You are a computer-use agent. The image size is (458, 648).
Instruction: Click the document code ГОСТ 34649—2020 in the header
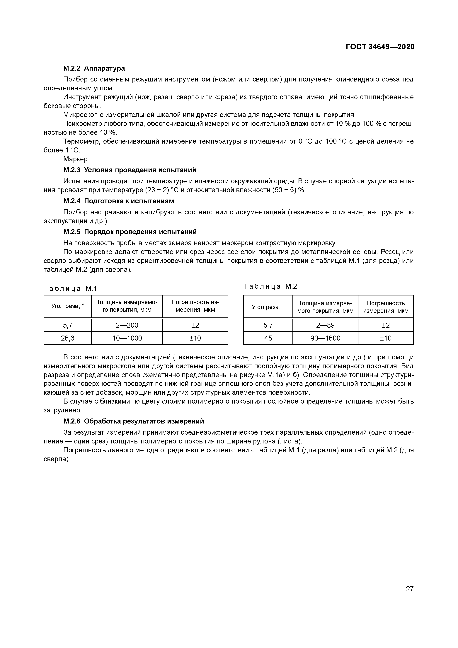coord(380,47)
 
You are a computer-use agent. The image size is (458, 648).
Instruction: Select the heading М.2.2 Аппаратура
coord(94,68)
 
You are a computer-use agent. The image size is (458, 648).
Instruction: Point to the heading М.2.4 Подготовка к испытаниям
coord(119,201)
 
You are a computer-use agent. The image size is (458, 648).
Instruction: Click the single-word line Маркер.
coord(76,159)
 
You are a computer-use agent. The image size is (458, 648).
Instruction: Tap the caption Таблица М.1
coord(70,288)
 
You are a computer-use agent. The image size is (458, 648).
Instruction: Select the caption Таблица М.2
coord(270,286)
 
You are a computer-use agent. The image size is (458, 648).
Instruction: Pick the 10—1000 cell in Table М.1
coord(127,338)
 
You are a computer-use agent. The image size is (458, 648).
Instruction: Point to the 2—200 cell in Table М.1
coord(127,325)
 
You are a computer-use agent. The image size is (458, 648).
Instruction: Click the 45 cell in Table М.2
coord(268,338)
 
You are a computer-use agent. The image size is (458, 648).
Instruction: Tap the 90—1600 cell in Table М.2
coord(325,338)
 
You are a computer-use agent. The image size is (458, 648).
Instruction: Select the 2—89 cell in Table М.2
coord(325,325)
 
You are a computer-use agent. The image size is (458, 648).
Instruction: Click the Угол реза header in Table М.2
coord(268,307)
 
